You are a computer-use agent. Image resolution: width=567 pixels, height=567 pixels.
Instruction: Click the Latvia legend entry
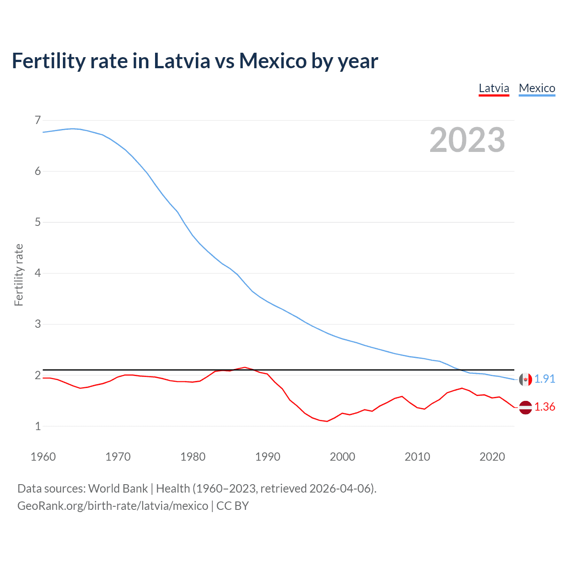(494, 88)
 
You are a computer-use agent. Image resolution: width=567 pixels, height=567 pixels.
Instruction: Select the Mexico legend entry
(537, 88)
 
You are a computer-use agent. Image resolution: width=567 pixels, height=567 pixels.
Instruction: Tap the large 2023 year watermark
(467, 140)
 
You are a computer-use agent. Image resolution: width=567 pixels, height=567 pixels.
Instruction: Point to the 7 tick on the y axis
(38, 120)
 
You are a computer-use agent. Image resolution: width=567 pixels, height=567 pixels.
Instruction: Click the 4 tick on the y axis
(38, 273)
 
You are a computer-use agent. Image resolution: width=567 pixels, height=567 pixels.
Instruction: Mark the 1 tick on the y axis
(38, 426)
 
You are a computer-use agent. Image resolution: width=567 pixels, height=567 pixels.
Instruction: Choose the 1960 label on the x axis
(43, 457)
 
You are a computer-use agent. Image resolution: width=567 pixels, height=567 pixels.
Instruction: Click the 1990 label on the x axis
(268, 457)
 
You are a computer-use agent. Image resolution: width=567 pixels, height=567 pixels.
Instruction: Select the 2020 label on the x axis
(492, 457)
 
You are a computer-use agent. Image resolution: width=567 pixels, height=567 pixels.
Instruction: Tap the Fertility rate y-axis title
(19, 275)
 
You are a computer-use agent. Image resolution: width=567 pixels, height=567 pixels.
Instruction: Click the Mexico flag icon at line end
(525, 379)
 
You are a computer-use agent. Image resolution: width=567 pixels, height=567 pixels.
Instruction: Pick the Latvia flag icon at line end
(525, 407)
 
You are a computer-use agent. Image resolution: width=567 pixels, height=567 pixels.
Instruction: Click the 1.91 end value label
(544, 379)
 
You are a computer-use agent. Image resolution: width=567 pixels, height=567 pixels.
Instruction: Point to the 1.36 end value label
(544, 407)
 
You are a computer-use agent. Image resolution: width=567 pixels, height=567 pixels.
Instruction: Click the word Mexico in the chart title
(272, 61)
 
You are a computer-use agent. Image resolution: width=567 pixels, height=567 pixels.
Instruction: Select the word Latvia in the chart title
(182, 61)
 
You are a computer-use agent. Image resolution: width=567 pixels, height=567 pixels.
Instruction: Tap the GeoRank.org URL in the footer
(113, 505)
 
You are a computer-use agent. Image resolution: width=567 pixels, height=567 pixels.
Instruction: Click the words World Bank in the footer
(118, 488)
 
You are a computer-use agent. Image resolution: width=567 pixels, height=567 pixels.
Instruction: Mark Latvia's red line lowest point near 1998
(327, 421)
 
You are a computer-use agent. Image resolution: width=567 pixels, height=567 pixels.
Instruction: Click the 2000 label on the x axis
(342, 457)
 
